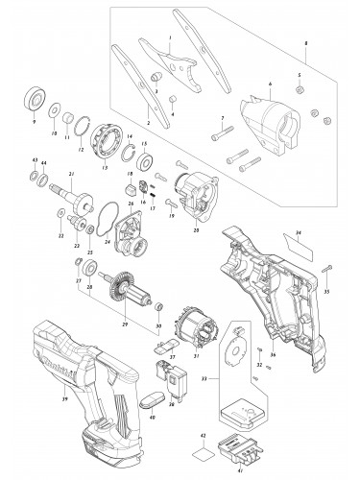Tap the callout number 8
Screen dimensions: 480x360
[x=332, y=45]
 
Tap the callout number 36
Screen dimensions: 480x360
[x=275, y=354]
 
